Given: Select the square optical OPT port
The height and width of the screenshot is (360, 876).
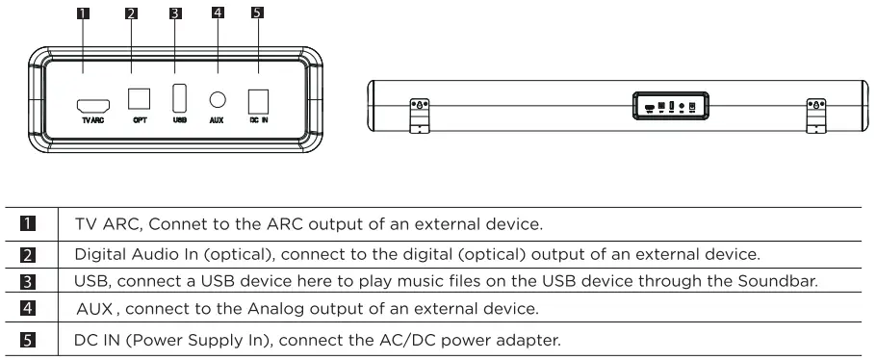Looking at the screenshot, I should tap(140, 99).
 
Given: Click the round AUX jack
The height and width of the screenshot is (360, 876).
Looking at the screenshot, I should tap(217, 99).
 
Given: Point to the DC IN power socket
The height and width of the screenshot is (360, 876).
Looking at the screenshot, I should tap(258, 101).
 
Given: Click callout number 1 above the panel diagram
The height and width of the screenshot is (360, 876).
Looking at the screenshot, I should tap(83, 13).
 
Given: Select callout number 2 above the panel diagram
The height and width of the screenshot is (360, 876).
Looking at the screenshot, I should tap(130, 13).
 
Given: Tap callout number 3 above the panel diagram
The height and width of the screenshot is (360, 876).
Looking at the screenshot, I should tap(172, 13).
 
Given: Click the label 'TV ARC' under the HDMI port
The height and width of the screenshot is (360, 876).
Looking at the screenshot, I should tap(93, 121).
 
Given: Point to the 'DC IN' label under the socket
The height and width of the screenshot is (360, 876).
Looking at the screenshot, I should tap(258, 121).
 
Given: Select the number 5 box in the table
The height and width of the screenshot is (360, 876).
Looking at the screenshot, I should tap(31, 340).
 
